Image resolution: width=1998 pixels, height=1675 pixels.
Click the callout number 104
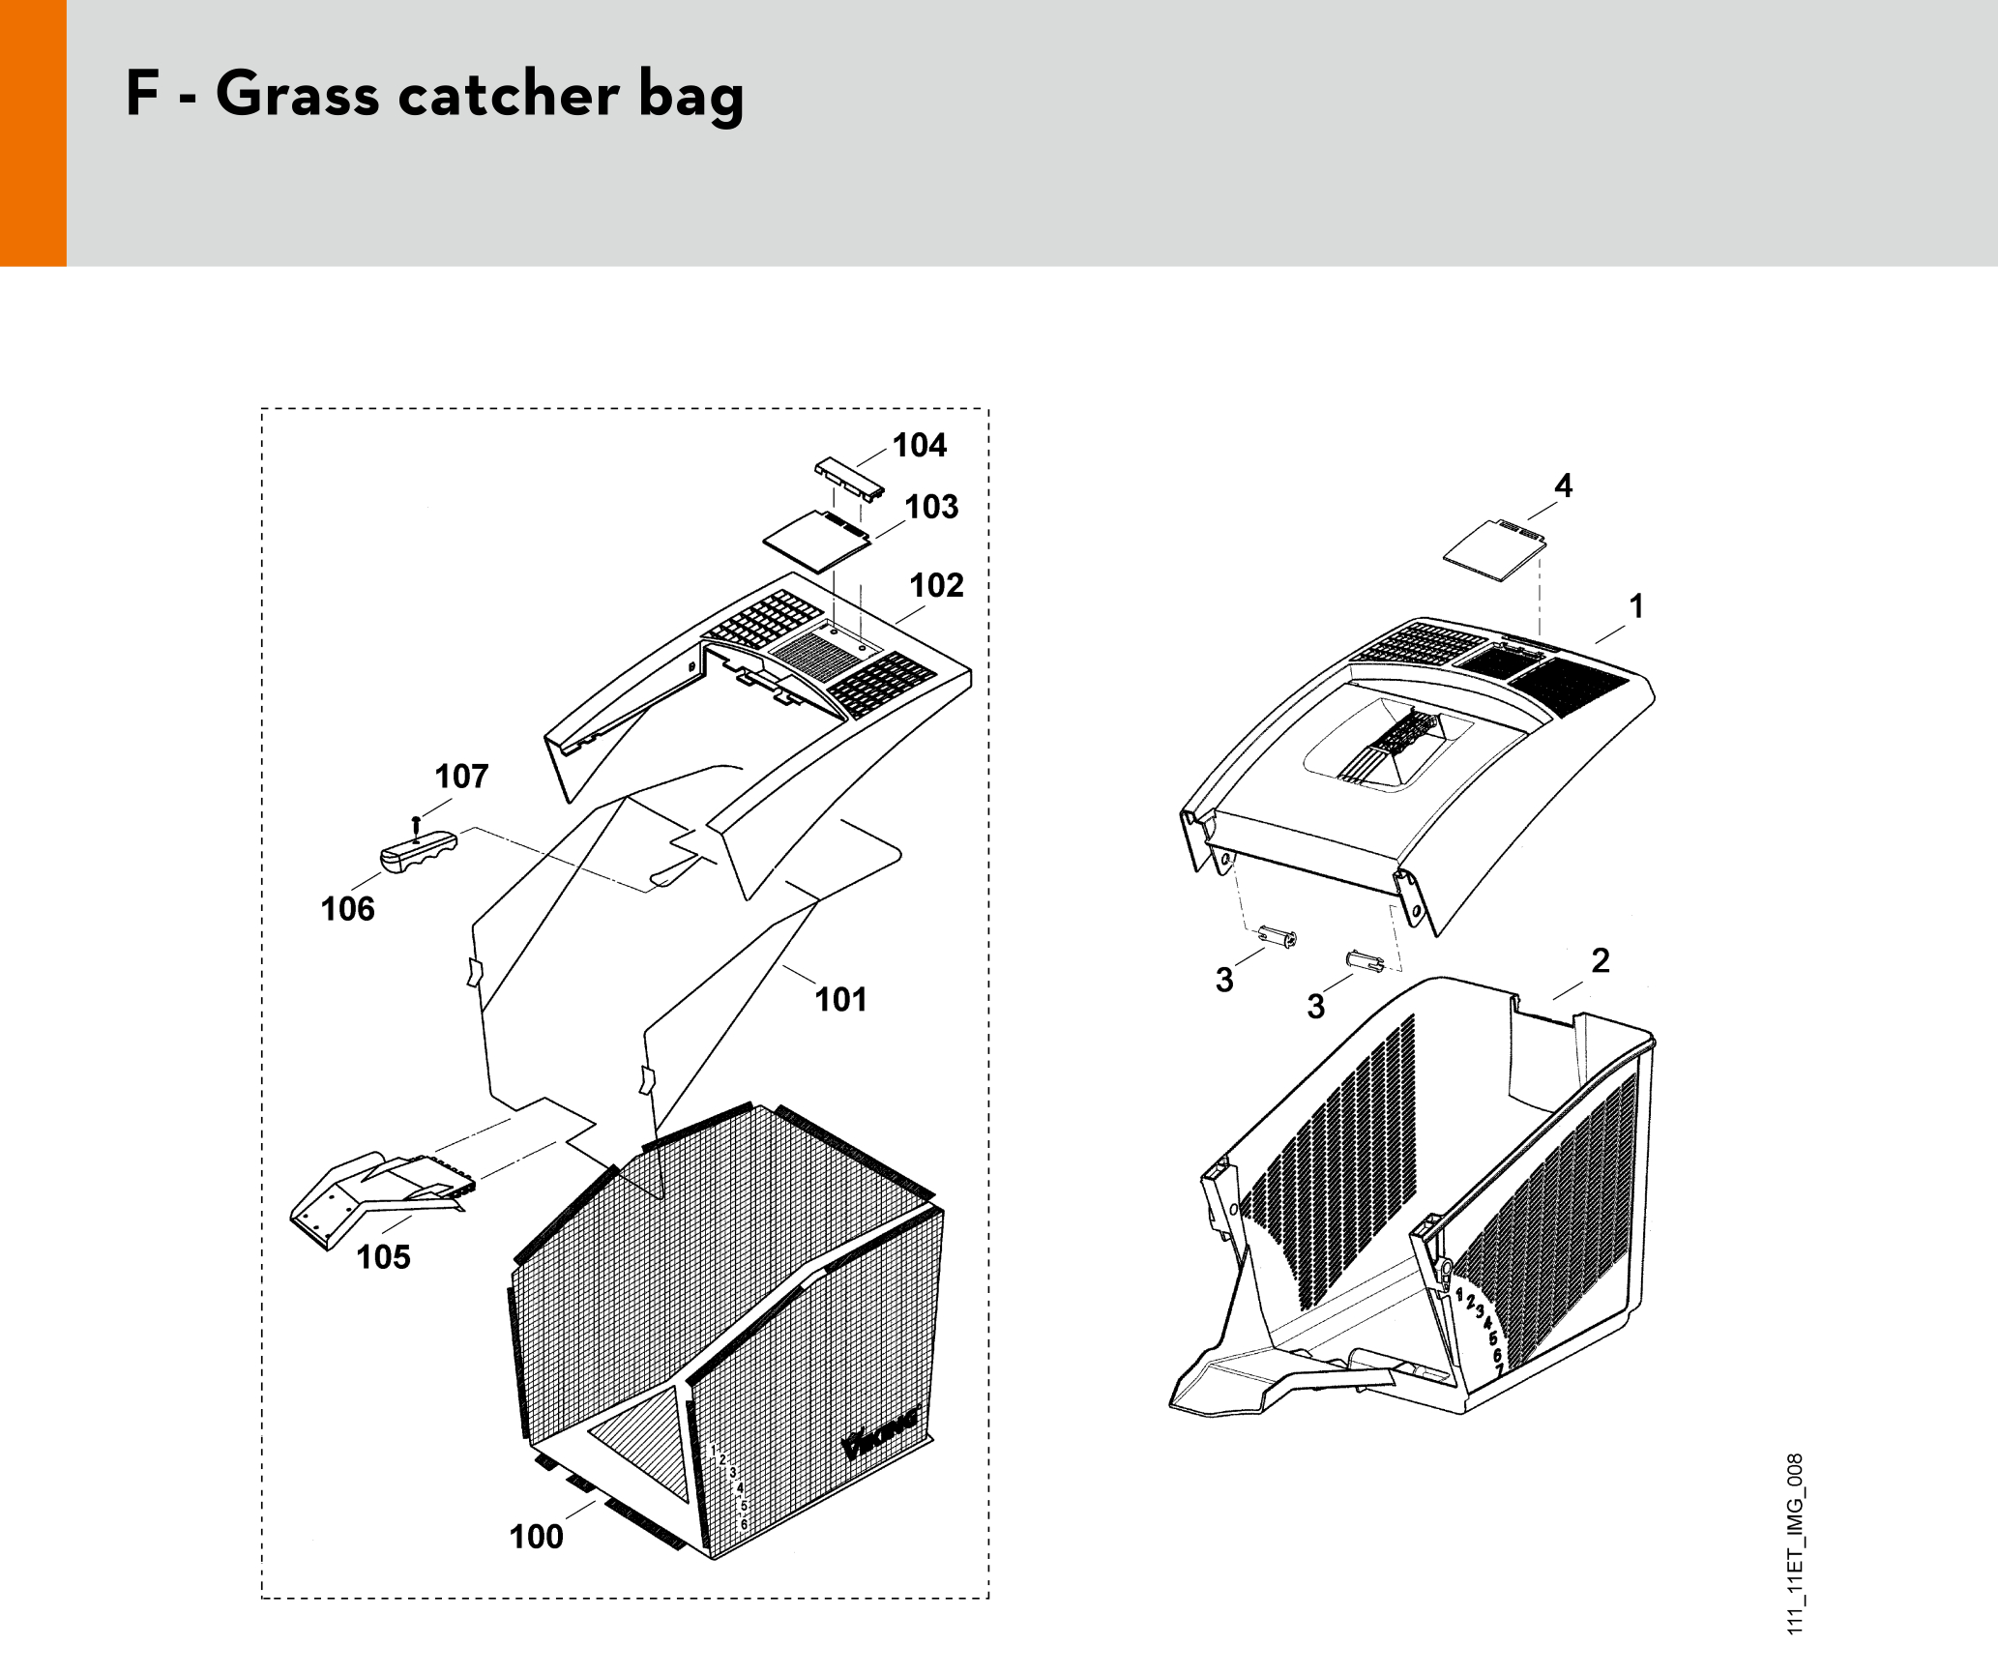[919, 446]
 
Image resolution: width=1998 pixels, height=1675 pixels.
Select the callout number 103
[931, 507]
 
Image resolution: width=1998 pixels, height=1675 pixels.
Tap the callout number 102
[936, 585]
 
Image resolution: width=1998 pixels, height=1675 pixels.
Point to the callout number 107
[461, 776]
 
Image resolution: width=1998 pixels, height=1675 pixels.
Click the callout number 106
[347, 909]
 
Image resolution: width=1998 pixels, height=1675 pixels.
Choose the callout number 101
[840, 1000]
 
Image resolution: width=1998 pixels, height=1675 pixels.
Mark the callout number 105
[383, 1257]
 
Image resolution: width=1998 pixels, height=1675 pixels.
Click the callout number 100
[536, 1537]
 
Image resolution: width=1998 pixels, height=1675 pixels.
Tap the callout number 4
[1563, 485]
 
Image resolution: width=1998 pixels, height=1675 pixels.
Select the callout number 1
[1636, 606]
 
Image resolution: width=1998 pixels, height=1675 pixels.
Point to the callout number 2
[1601, 960]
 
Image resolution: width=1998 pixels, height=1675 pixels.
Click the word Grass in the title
[297, 95]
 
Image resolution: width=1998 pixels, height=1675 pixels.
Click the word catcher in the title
[509, 95]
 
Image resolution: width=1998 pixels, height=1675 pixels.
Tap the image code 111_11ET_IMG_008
[1795, 1543]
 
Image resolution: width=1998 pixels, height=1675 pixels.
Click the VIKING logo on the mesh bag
[880, 1435]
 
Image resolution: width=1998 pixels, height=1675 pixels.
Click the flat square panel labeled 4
[1494, 550]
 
